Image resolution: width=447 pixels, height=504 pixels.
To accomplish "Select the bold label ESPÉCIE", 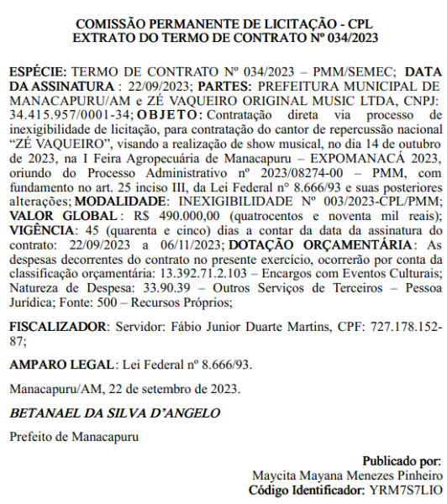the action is pos(39,73).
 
